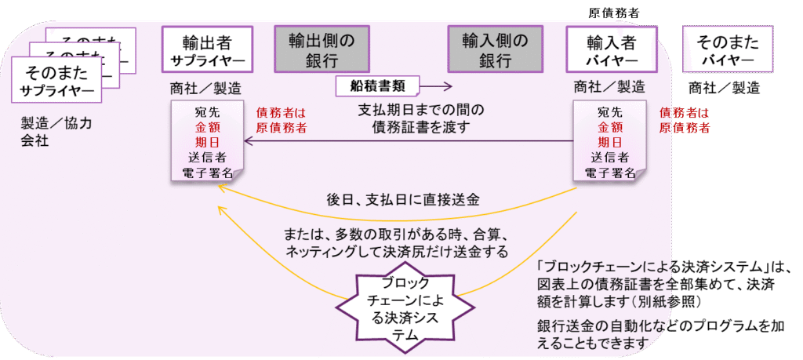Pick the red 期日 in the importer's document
tap(610, 142)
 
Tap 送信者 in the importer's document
tap(610, 158)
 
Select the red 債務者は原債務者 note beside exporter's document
tap(282, 119)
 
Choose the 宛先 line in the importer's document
tap(610, 111)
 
